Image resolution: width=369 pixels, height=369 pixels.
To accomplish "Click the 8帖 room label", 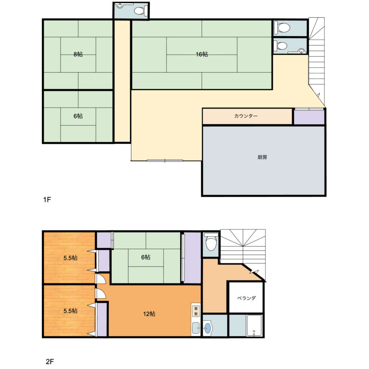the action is [x=78, y=54].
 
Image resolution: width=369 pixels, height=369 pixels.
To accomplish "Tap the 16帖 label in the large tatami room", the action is [x=202, y=54].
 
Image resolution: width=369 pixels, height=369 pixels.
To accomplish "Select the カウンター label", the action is [x=246, y=116].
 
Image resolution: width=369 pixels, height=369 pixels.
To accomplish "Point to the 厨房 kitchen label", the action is [x=262, y=157].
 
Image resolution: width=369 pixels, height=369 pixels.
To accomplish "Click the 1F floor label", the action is [x=47, y=200].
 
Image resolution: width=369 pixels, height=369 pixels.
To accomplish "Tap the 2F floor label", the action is [x=50, y=361].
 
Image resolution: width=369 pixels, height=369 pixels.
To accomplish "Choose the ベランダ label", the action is [x=246, y=298].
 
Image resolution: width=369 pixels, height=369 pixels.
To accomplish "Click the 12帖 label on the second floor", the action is [x=149, y=314].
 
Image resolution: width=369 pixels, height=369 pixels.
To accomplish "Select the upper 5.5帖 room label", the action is [x=70, y=258].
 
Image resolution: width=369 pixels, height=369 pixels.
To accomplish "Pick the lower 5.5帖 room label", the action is [x=70, y=311].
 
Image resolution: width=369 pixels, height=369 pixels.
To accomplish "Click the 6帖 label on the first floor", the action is [x=78, y=116].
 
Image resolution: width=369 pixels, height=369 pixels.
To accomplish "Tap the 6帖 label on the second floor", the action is [x=146, y=257].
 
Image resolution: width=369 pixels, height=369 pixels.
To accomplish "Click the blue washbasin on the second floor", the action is [x=207, y=328].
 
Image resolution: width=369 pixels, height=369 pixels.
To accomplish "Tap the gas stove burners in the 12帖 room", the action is [x=196, y=311].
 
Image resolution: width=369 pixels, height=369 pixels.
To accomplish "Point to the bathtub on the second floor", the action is [x=254, y=325].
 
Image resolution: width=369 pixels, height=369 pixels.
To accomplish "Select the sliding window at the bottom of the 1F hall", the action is [x=165, y=161].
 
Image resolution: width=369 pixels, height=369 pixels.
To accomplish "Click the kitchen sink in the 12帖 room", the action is [x=196, y=328].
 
